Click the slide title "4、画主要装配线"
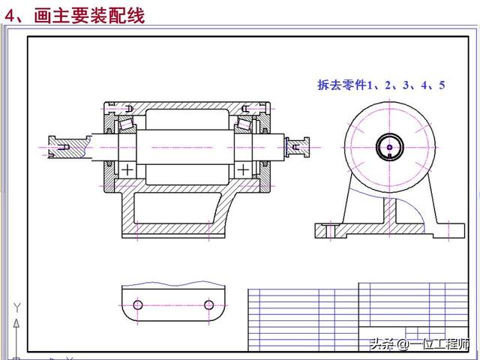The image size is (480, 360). [x=75, y=14]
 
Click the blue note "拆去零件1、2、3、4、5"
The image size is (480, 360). [x=381, y=85]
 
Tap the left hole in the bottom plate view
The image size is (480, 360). [x=138, y=304]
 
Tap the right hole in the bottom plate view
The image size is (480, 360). [x=208, y=304]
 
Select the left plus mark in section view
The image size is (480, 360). [x=128, y=169]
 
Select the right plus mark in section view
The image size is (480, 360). [x=244, y=169]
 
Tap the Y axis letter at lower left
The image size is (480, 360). [x=15, y=308]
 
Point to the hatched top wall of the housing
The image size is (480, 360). [x=184, y=105]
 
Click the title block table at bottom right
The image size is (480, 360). [x=360, y=316]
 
